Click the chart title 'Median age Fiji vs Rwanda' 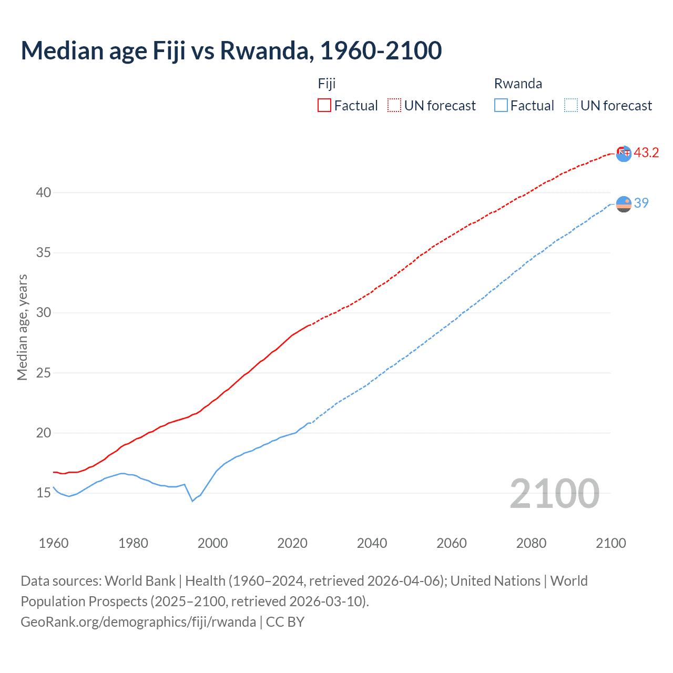231,50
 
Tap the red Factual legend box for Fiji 324,106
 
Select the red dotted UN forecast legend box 394,106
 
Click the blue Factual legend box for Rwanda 501,106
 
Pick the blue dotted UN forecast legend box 571,106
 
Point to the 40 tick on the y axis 44,192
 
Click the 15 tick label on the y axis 44,493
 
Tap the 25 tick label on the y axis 44,373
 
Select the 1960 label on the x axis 54,543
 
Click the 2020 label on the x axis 292,543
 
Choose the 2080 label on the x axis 531,543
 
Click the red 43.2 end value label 646,152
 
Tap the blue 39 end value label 641,203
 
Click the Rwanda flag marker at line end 624,204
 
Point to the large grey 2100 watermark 554,493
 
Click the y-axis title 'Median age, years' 22,327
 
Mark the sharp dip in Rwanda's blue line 192,501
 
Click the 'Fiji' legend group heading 327,84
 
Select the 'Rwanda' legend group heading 518,84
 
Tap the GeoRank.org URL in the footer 138,622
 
